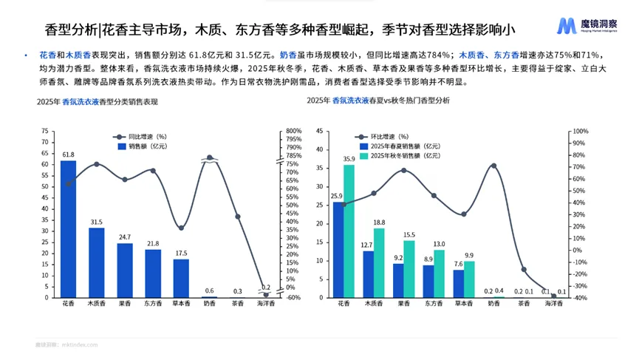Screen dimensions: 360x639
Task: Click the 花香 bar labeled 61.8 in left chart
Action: [x=68, y=229]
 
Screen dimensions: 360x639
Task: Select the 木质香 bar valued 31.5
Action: [x=97, y=262]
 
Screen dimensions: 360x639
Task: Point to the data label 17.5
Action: [x=181, y=253]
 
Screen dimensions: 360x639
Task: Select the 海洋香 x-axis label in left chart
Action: [x=266, y=304]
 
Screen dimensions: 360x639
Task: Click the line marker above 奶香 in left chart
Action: [x=210, y=157]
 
